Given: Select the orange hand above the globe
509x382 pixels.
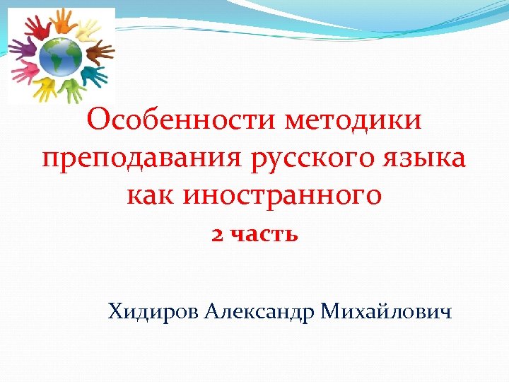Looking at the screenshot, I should pos(62,23).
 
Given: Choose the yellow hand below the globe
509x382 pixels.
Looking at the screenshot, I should pos(46,88).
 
